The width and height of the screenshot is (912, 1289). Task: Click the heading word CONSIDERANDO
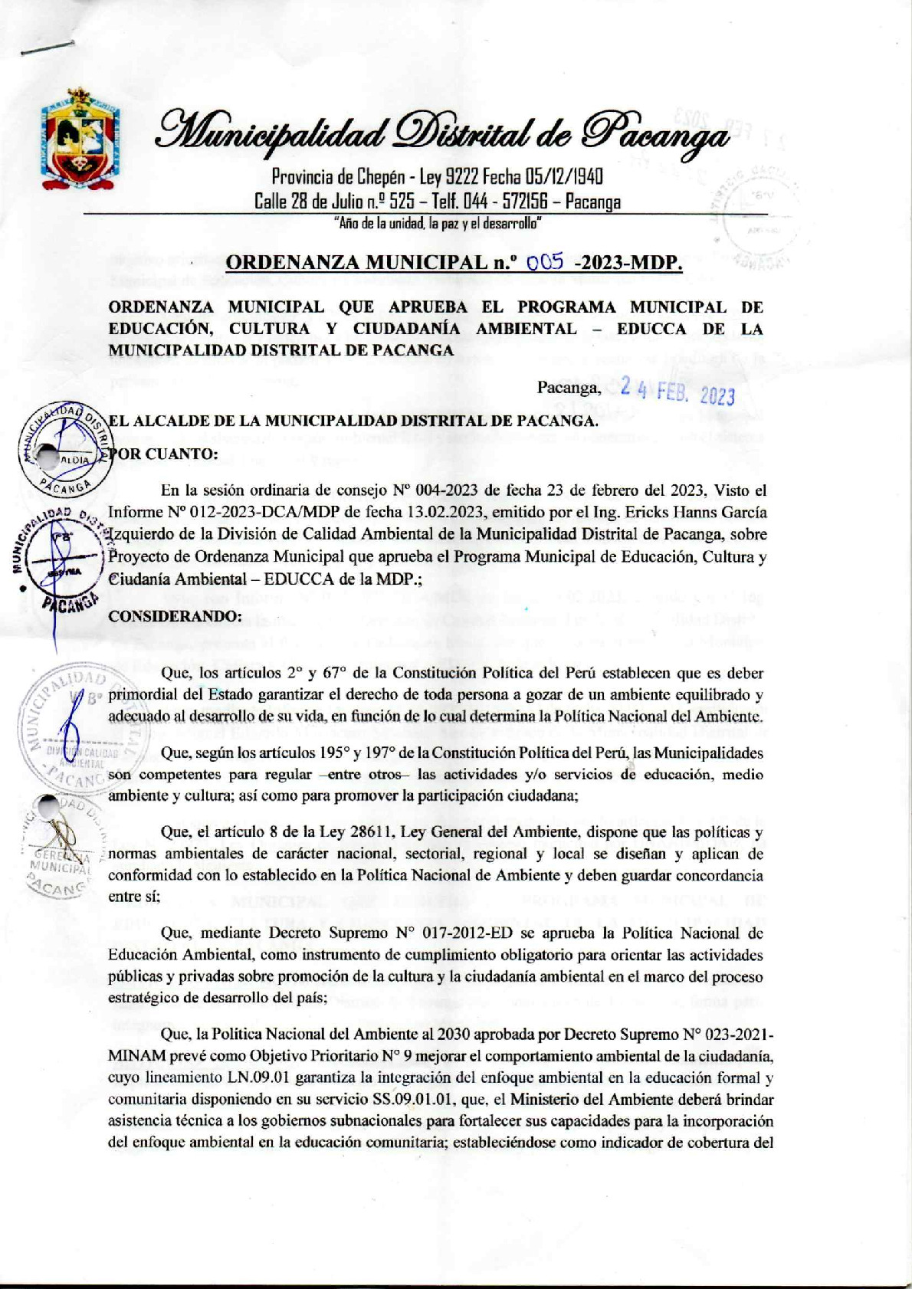[175, 616]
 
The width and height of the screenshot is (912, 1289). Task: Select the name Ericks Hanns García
[677, 512]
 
